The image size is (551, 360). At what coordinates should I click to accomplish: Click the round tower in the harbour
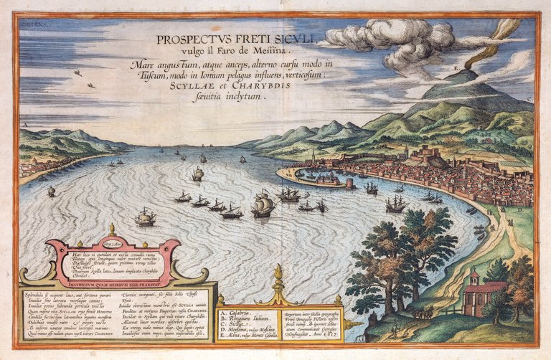pos(349,184)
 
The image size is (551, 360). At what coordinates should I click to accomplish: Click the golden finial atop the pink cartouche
pos(111,230)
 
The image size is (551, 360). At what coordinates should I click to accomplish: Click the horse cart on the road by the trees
pos(420,313)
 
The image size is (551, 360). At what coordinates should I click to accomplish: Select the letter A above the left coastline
pos(26,125)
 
